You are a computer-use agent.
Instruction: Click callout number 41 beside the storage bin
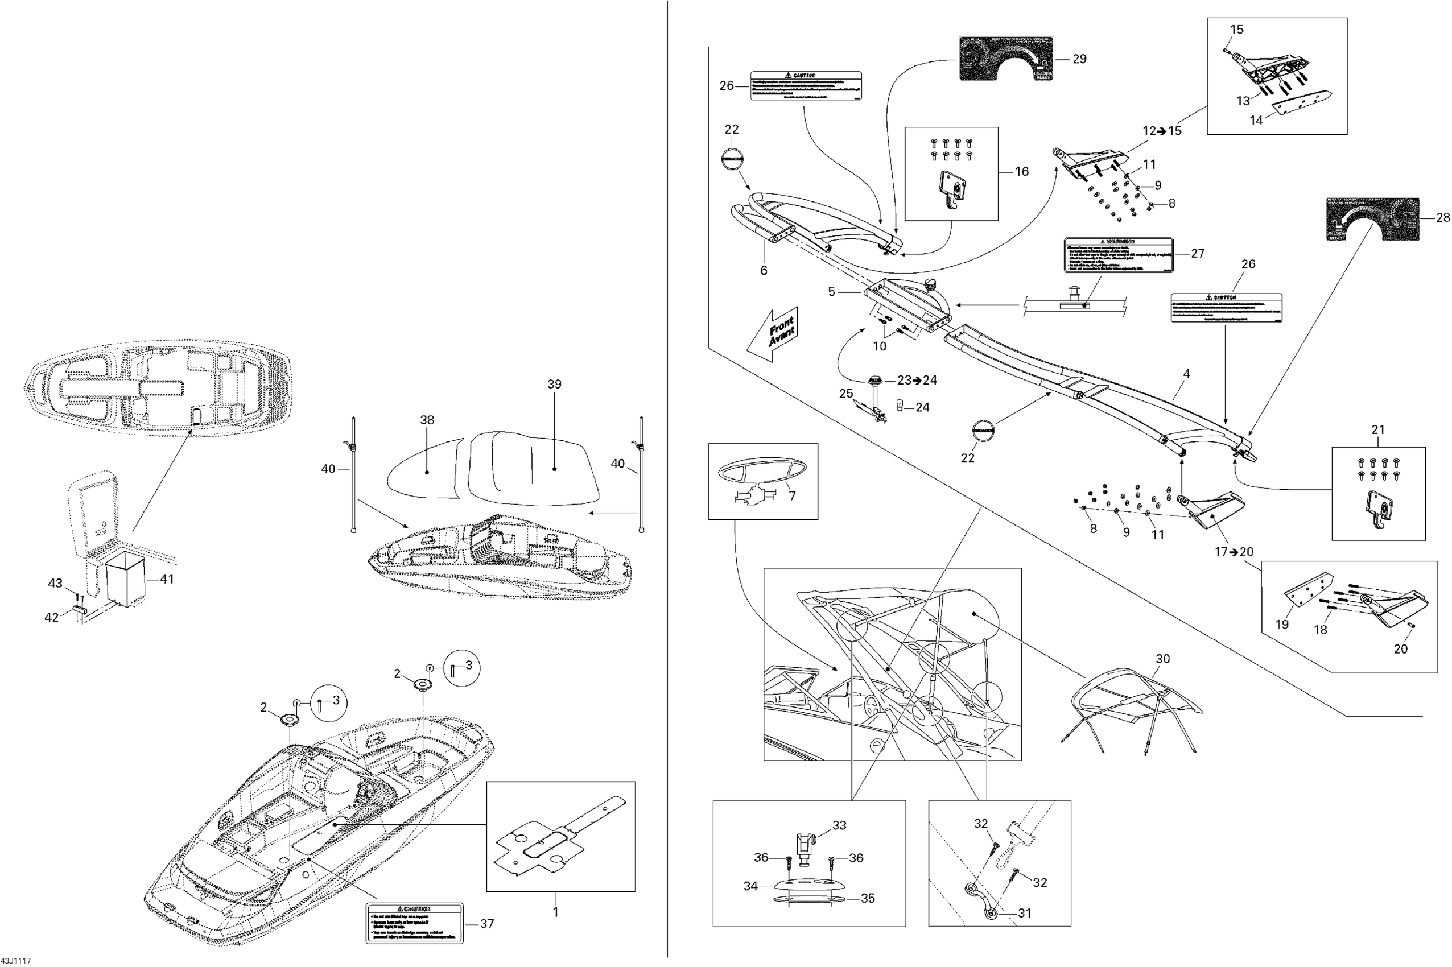tap(167, 579)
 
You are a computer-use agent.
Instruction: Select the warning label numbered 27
tap(1118, 254)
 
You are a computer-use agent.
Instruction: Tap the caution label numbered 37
tap(414, 923)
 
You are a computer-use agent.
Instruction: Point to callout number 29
tap(1079, 59)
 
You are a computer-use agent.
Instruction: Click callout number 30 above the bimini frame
tap(1162, 659)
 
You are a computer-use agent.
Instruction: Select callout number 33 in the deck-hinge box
tap(839, 825)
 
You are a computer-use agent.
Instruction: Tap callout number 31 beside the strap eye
tap(1025, 913)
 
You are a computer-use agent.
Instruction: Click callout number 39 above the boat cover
tap(554, 384)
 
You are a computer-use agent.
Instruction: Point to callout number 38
tap(427, 420)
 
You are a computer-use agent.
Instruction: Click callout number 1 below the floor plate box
tap(555, 911)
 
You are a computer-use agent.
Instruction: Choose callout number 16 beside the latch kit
tap(1021, 171)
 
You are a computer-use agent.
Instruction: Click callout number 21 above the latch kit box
tap(1378, 430)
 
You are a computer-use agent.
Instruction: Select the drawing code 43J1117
tap(15, 961)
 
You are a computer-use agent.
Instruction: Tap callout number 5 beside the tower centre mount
tap(831, 291)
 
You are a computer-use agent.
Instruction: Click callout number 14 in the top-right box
tap(1256, 121)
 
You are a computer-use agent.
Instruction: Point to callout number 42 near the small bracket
tap(52, 617)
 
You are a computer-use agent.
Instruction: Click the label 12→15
tap(1161, 131)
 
